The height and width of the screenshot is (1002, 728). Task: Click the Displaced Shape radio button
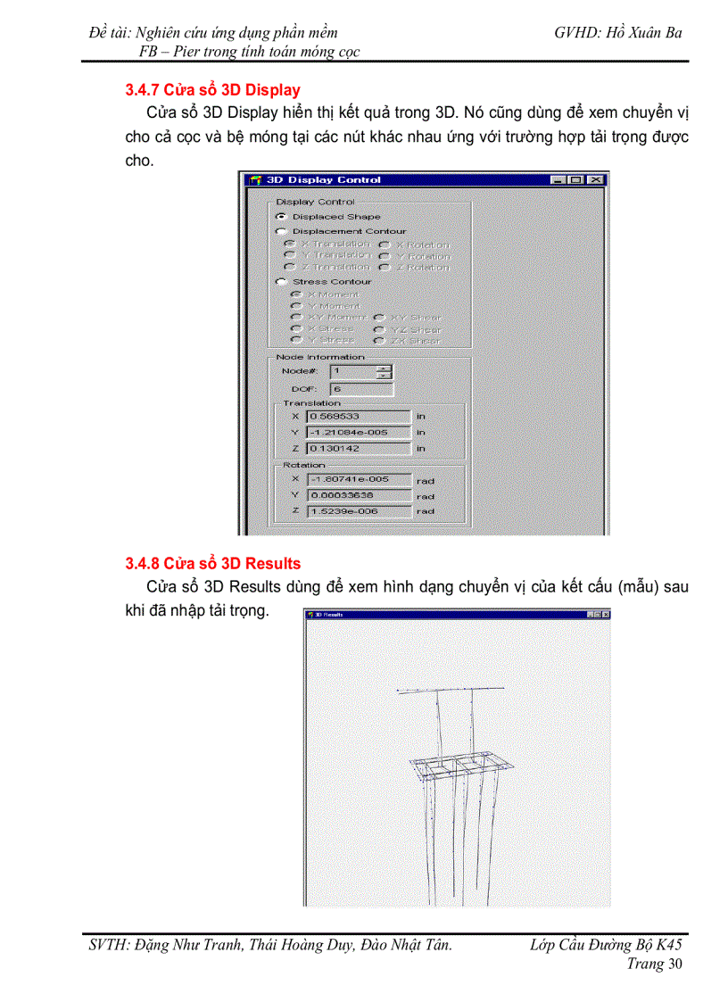(x=281, y=217)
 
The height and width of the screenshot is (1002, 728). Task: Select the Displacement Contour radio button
(x=281, y=232)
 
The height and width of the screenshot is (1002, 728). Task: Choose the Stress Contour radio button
(x=281, y=282)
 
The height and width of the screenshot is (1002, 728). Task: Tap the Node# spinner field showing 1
(x=353, y=371)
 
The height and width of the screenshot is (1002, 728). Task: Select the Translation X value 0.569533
(x=358, y=416)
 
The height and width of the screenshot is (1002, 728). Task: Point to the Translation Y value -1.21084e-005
(x=358, y=432)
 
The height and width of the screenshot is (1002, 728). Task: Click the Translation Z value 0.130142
(x=358, y=448)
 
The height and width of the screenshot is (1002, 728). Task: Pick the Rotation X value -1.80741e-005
(x=358, y=479)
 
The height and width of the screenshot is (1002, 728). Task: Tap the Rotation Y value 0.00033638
(x=358, y=495)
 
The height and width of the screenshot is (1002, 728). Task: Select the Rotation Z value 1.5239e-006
(x=358, y=511)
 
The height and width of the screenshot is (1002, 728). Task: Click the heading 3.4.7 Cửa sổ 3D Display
(x=212, y=90)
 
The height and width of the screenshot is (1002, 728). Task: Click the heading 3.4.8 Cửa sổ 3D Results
(x=212, y=564)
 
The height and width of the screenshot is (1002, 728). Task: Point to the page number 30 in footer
(x=674, y=964)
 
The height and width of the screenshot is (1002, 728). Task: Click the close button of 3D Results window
(x=606, y=615)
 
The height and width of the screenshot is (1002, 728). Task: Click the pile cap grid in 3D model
(x=459, y=766)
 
